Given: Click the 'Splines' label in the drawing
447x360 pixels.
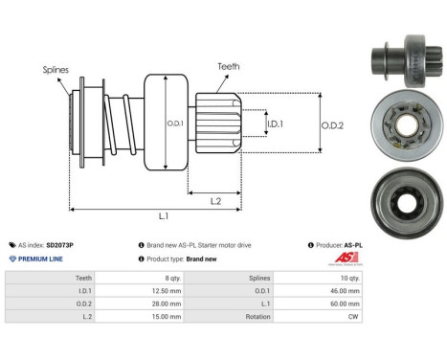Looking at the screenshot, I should point(56,70).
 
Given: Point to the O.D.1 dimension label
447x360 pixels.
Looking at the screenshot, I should point(175,122).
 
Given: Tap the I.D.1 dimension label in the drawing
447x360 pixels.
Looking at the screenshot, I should point(276,124).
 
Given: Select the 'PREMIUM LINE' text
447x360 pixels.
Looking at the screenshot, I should point(40,259).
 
